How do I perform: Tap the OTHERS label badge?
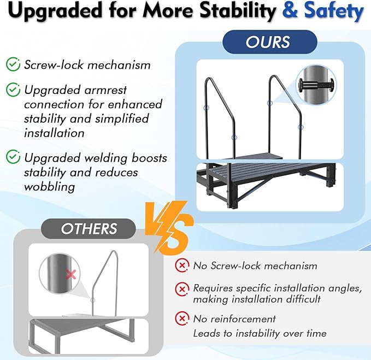coord(89,228)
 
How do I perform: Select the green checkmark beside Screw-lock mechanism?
coord(13,64)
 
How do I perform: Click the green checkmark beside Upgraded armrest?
coord(13,89)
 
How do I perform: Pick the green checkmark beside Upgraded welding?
coord(13,158)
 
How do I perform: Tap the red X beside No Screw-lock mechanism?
coord(181,266)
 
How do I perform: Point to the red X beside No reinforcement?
coord(181,318)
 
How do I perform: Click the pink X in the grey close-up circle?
coord(70,275)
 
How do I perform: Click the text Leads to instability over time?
coord(260,333)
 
